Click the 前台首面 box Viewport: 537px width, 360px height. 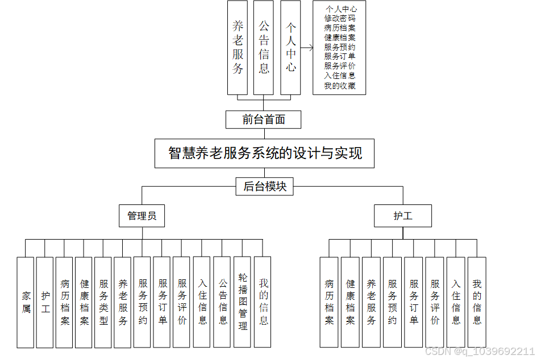point(263,120)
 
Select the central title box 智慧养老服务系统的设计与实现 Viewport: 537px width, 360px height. point(265,153)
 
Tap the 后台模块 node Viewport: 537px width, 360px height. point(265,186)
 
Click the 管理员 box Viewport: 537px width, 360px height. point(142,216)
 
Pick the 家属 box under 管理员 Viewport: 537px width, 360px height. point(26,302)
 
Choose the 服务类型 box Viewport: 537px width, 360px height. point(103,302)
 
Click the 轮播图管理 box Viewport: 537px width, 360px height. point(243,302)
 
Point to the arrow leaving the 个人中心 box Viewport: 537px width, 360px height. point(307,48)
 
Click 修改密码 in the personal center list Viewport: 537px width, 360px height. point(340,18)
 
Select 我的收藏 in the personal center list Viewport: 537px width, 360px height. point(340,86)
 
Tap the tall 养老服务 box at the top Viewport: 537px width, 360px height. point(238,48)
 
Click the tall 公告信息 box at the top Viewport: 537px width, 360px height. point(264,48)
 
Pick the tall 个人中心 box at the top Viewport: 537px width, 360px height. point(290,48)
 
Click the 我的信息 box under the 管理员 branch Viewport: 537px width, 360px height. point(263,302)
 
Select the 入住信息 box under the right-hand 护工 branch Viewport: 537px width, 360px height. point(456,302)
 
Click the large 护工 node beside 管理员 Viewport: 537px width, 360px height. point(403,216)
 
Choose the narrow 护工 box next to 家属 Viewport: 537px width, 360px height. point(45,302)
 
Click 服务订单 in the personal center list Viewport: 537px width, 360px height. point(340,56)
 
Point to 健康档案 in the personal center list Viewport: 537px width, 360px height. point(340,37)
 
